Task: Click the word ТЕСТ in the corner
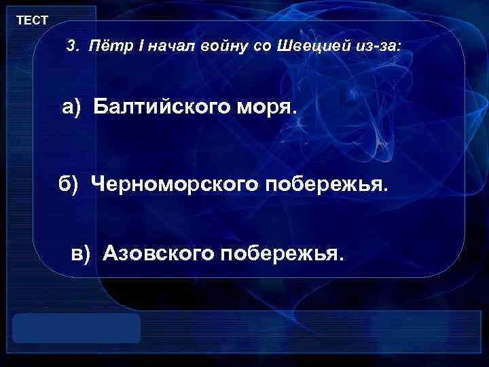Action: pyautogui.click(x=32, y=20)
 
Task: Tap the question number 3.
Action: pyautogui.click(x=71, y=47)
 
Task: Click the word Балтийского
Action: pyautogui.click(x=162, y=107)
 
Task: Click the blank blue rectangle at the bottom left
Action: pyautogui.click(x=76, y=328)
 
